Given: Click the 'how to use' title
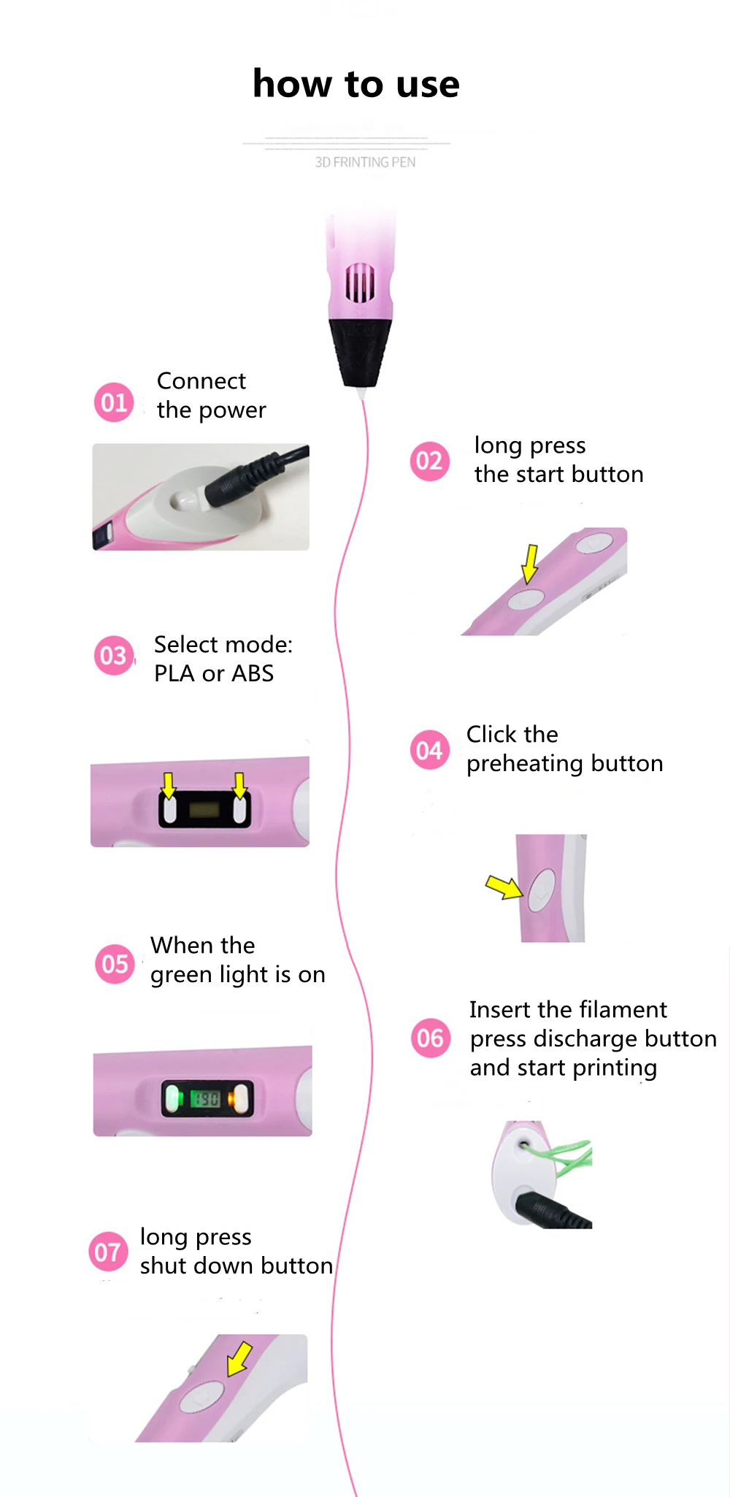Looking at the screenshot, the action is tap(356, 84).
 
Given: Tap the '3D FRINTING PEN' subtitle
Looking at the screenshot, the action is tap(365, 162).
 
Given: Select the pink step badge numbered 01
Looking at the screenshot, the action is tap(114, 402).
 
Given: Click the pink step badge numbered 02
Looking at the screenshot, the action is tap(430, 462).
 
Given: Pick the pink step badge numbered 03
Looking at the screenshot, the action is tap(114, 656).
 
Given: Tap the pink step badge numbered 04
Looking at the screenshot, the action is tap(430, 750).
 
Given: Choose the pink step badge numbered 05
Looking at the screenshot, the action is tap(115, 964).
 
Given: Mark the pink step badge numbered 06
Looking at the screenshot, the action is tap(430, 1038).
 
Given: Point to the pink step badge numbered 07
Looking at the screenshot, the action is tap(108, 1252).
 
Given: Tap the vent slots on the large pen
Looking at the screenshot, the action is tap(360, 283).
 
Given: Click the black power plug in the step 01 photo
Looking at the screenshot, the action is tap(241, 481).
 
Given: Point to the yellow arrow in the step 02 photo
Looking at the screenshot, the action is tap(531, 563).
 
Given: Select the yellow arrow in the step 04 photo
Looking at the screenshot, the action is tap(504, 887).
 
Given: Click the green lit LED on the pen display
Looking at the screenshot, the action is tap(173, 1098).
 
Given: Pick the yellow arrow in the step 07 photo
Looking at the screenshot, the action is tap(239, 1358).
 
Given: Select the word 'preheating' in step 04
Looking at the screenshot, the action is tap(525, 764).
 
